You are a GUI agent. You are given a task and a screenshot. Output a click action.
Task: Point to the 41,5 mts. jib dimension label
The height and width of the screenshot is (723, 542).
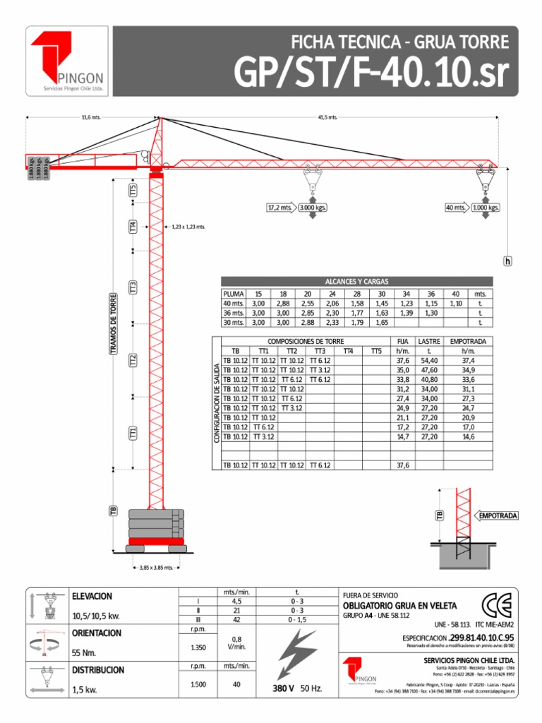tap(328, 117)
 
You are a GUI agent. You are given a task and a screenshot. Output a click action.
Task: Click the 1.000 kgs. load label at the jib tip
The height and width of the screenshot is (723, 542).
tap(486, 208)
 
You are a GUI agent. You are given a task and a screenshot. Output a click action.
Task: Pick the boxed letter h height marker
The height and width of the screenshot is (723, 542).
tap(507, 261)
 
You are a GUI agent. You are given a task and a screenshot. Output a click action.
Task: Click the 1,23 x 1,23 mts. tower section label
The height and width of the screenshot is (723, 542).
tap(187, 227)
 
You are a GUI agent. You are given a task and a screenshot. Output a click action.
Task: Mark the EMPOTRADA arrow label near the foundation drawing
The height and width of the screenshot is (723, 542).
tap(498, 516)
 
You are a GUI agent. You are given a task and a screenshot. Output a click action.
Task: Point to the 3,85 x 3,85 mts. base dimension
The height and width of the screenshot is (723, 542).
tap(156, 567)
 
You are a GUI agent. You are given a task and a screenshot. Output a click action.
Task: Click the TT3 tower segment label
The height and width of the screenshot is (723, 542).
tap(133, 287)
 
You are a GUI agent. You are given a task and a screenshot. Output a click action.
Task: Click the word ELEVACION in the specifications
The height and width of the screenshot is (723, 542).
tap(92, 597)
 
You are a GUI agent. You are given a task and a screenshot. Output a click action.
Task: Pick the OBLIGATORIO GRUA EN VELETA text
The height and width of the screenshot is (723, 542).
tap(399, 606)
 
